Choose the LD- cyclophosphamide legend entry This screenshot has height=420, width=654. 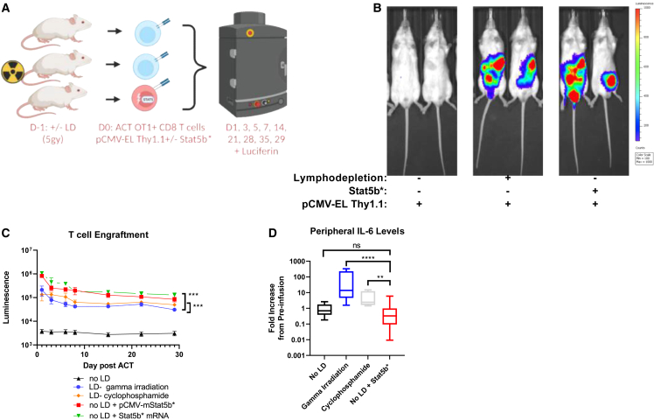pyautogui.click(x=109, y=395)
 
